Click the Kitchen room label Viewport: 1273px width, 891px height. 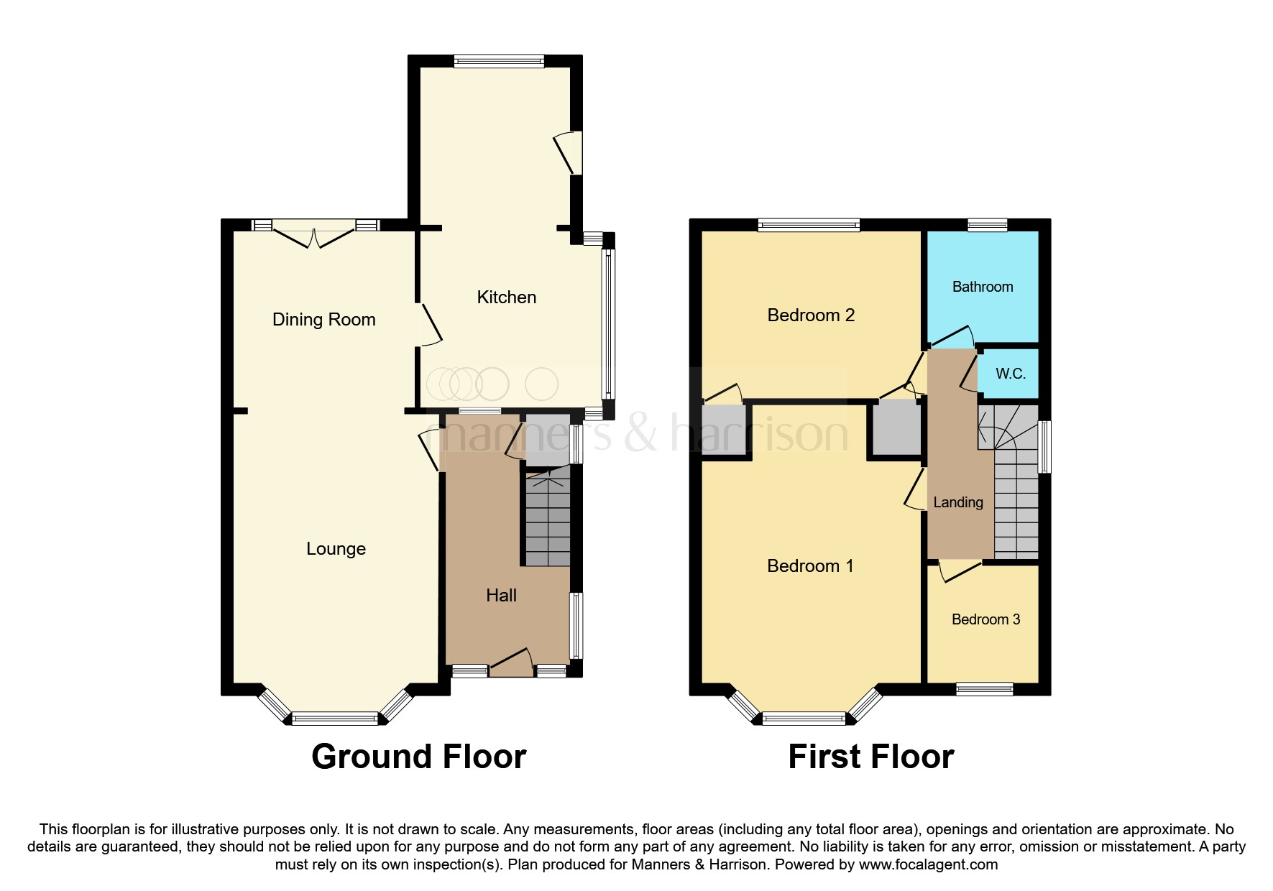pos(506,297)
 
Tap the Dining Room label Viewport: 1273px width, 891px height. pos(323,320)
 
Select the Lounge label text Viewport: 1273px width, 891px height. pos(336,549)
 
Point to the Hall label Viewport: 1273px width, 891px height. pos(501,596)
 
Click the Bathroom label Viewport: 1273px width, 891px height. pos(982,287)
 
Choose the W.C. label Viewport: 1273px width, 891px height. pos(1010,374)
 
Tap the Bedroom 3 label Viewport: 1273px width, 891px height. pos(985,619)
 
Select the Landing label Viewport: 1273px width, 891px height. pos(957,502)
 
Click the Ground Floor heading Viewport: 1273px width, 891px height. pos(418,757)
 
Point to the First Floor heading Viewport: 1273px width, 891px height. pos(870,757)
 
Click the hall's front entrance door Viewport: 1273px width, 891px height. pos(510,661)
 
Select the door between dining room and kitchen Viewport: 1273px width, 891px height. pos(429,326)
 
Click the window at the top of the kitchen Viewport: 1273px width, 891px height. pos(499,62)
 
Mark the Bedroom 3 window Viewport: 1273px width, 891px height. pos(984,689)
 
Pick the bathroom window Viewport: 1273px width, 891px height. pos(987,225)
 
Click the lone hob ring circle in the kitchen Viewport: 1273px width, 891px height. pos(541,384)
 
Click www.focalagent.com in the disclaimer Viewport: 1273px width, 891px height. pos(928,864)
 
